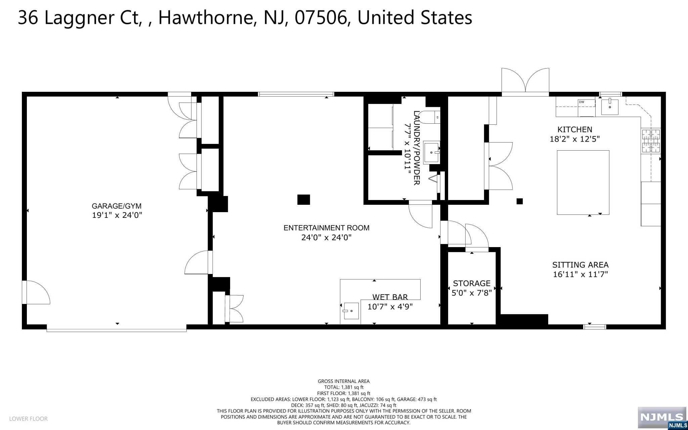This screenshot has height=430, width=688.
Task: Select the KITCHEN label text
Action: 575,129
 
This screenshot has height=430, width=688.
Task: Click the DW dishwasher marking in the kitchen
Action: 582,102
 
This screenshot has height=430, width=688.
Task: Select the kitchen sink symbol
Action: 609,107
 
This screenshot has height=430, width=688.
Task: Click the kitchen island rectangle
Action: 583,182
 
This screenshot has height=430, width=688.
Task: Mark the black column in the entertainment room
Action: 304,200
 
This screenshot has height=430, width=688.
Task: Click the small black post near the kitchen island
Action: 520,201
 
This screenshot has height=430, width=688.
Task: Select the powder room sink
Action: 432,153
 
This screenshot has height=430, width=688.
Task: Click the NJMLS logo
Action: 662,418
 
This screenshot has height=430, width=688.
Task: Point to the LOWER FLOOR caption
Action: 29,419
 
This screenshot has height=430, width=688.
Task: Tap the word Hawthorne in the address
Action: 206,18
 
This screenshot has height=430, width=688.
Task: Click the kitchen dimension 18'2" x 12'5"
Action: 575,139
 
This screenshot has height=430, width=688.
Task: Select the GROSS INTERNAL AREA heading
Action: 344,381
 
